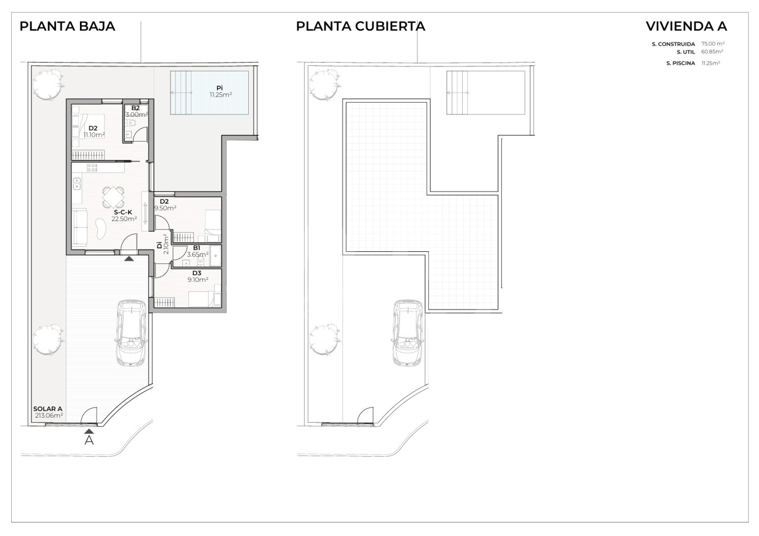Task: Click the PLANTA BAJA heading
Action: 68,26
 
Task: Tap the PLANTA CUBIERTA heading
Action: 360,26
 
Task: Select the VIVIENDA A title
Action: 686,26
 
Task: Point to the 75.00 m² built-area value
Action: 713,44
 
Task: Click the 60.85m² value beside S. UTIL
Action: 712,52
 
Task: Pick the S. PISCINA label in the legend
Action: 681,63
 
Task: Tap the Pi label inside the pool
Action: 220,88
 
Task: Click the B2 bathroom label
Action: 135,108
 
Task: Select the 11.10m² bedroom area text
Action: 94,135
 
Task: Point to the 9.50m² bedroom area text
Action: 165,208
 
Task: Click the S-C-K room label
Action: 123,213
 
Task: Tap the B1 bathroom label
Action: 197,248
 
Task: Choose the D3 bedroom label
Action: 197,273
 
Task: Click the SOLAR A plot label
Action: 48,409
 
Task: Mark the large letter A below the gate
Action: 89,440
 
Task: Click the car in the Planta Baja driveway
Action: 131,333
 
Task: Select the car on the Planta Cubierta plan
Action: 407,333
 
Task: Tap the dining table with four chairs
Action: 113,197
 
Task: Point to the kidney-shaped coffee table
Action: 101,229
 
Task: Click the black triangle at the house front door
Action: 129,259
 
